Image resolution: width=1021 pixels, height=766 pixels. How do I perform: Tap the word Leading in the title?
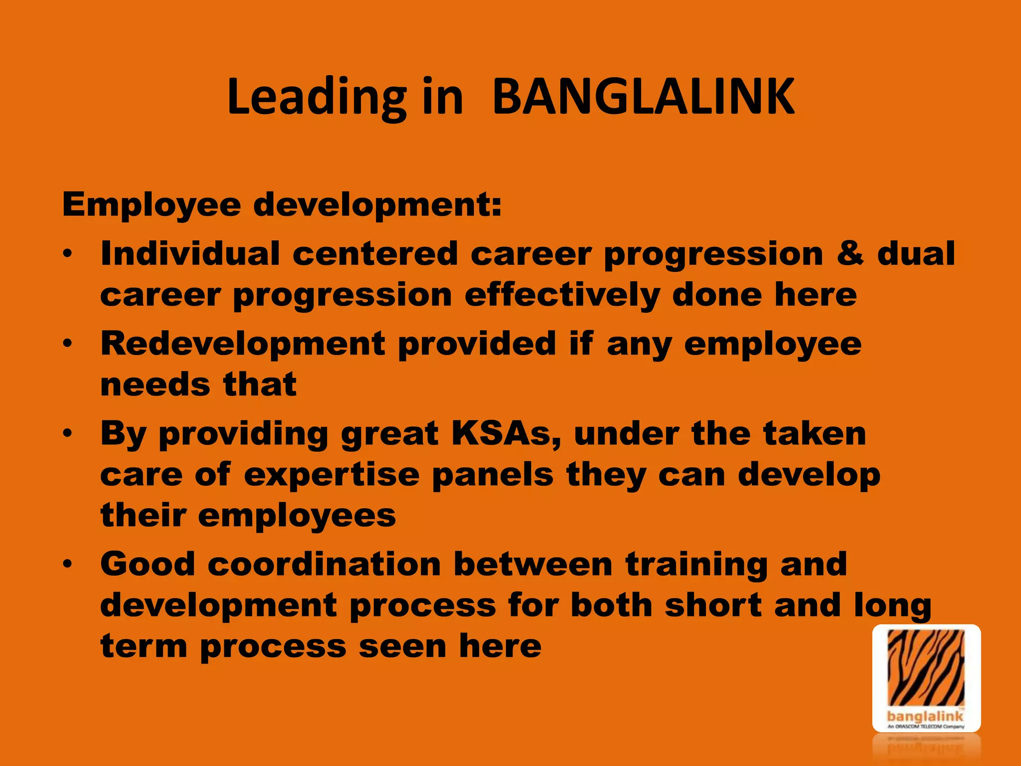point(317,98)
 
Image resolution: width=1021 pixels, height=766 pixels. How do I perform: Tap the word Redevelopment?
point(243,344)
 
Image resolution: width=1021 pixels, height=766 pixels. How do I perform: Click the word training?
point(696,565)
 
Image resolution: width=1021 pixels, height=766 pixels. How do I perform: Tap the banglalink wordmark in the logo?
point(925,717)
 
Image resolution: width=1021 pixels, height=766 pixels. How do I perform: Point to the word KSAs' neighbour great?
point(389,434)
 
